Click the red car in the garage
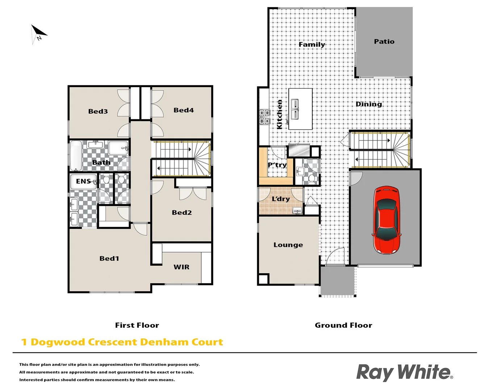point(386,220)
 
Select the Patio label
point(384,42)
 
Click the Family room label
point(312,45)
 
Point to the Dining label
point(369,104)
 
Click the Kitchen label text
point(279,114)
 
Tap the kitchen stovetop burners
point(264,117)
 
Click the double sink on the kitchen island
point(295,109)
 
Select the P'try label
point(277,165)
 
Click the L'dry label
point(281,199)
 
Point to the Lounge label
point(288,245)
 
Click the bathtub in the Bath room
point(76,155)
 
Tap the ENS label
point(83,181)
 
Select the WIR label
point(181,267)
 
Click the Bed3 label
point(98,112)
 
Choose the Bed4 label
point(183,110)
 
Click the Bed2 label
point(181,213)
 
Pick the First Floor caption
point(137,325)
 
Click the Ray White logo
point(404,373)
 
